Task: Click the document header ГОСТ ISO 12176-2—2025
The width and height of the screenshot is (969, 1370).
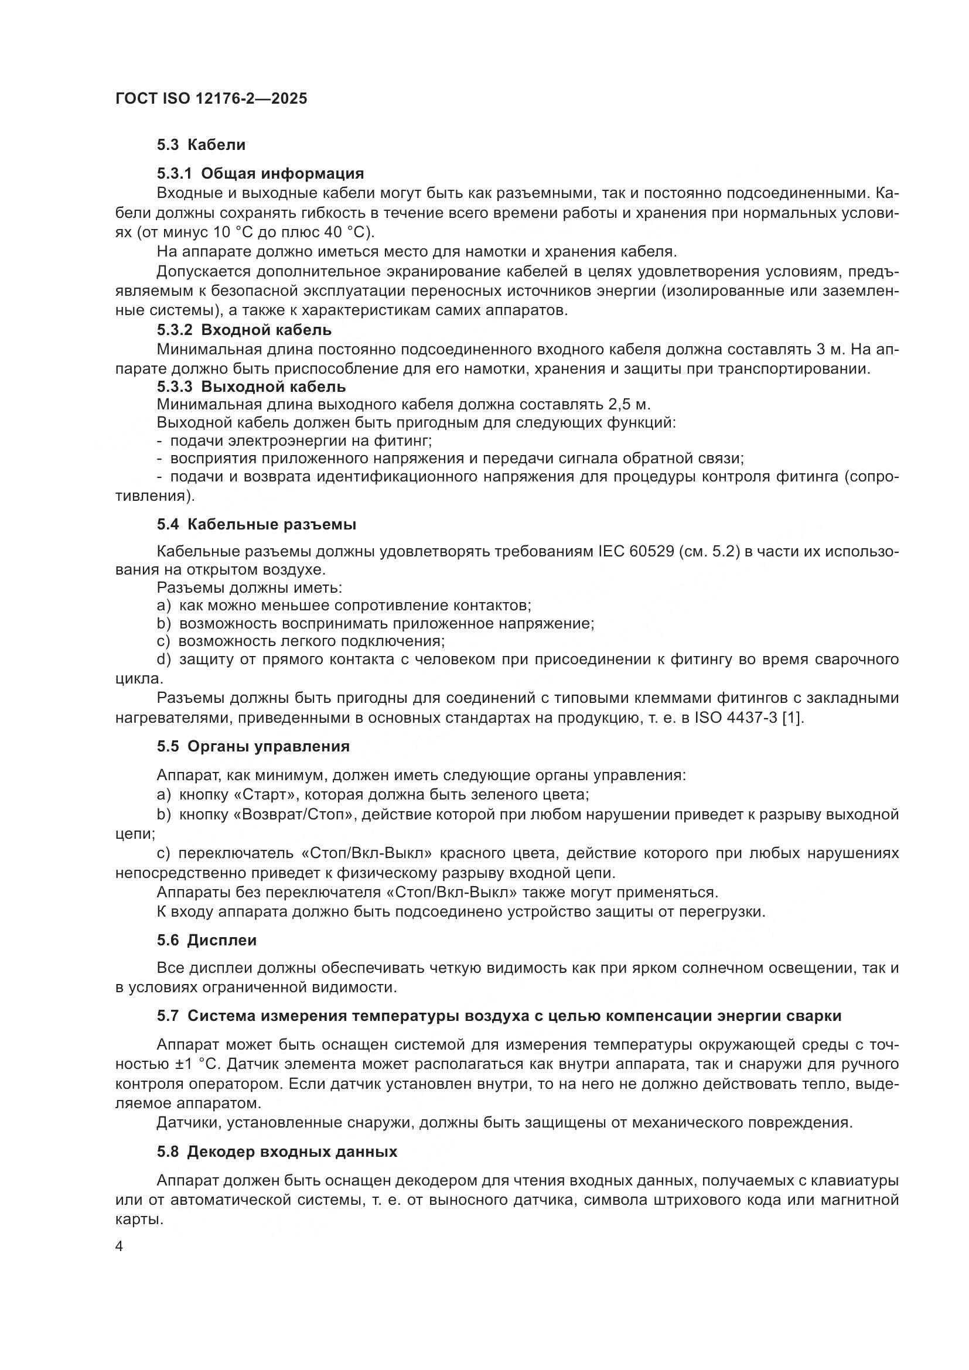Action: (211, 98)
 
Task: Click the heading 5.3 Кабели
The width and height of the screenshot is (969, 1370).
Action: (201, 145)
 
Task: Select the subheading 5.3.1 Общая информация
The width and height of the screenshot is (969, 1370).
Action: (260, 173)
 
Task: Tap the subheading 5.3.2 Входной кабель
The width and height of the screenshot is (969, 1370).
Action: (244, 330)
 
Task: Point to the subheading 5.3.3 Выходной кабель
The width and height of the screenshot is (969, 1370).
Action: (251, 387)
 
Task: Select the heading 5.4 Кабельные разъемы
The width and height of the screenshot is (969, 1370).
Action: (257, 524)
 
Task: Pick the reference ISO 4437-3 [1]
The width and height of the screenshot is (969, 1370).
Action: (749, 718)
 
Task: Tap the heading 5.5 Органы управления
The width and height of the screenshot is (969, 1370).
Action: (253, 746)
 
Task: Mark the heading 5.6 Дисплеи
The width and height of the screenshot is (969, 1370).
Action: (206, 941)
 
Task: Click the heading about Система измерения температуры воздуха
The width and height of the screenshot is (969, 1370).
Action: (499, 1016)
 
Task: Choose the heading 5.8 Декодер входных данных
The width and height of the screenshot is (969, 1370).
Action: (277, 1152)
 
